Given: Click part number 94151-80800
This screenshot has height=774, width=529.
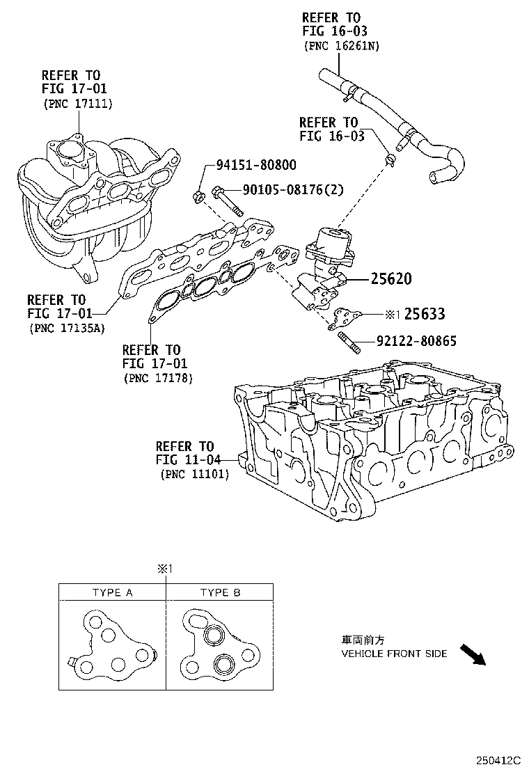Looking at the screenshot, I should tap(255, 166).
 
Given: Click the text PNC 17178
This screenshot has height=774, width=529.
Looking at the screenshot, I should tap(158, 378).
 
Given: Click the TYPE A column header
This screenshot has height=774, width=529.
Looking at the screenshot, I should tap(112, 592).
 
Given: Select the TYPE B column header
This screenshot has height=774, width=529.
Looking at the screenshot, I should tap(220, 592).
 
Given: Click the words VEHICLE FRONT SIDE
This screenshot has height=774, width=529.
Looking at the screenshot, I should tap(394, 654).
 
